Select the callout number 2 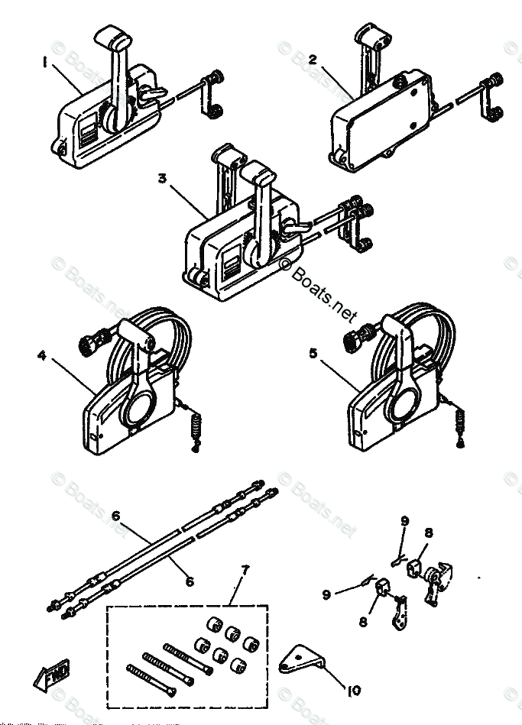tap(311, 60)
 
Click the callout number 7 tap(245, 571)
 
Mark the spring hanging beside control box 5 tap(460, 422)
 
